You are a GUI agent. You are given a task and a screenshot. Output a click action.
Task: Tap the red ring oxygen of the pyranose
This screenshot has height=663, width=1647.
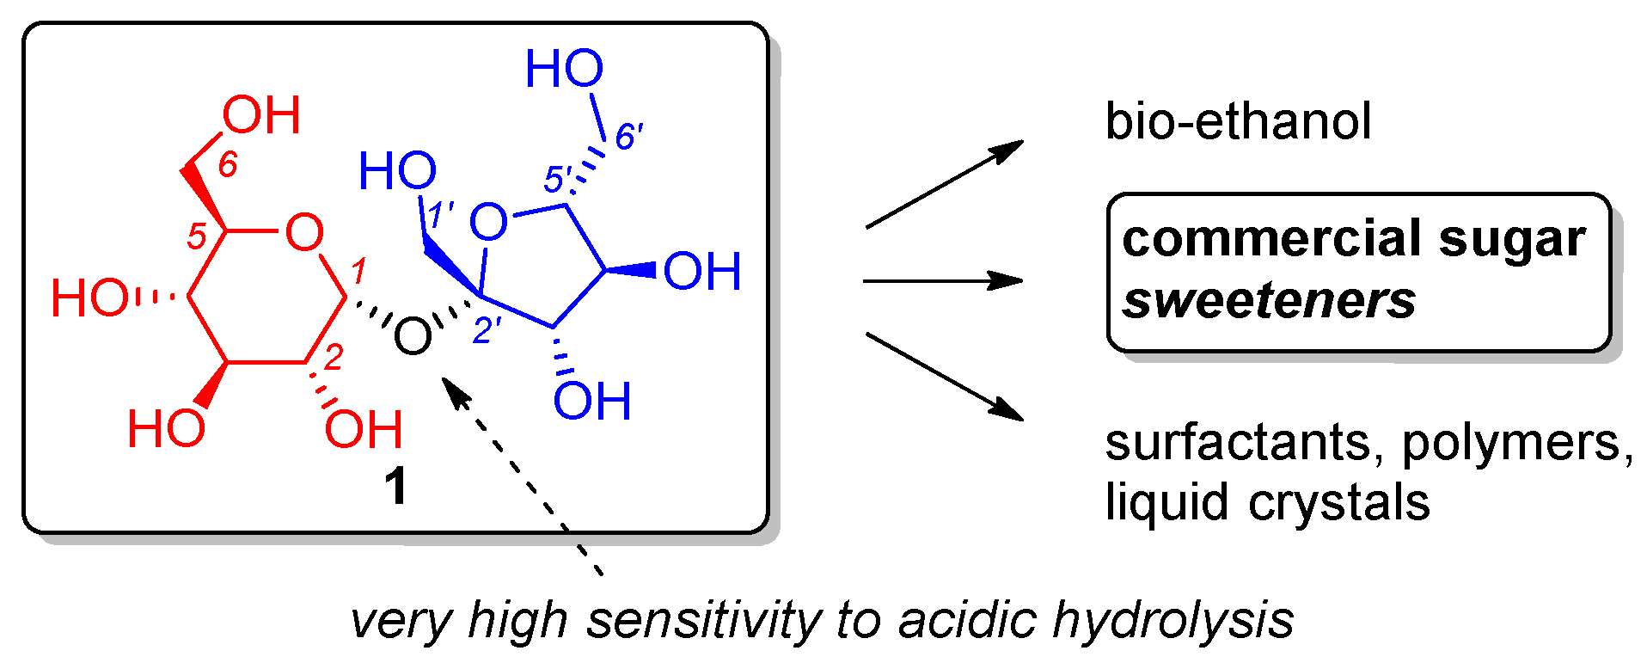coord(304,232)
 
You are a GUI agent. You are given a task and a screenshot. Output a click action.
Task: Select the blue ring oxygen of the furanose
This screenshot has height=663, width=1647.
coord(489,222)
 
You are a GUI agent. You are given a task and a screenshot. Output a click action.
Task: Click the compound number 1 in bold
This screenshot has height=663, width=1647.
coord(395,487)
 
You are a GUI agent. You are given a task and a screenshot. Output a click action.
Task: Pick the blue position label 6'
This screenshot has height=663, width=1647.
coord(628,136)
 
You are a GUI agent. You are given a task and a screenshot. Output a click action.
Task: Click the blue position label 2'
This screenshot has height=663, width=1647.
coord(487,330)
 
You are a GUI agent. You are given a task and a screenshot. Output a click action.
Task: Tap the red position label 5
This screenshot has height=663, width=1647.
coord(197,236)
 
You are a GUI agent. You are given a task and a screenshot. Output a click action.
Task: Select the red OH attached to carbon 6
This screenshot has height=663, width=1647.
coord(261,115)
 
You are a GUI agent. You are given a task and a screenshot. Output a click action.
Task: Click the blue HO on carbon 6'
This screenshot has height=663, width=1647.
coord(564,68)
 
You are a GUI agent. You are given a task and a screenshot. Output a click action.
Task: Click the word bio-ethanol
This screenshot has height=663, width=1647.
coord(1238,121)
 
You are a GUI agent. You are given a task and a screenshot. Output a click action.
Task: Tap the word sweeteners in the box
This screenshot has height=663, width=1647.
coord(1269,301)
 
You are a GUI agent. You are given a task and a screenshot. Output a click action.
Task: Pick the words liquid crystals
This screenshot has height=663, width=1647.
coord(1267,502)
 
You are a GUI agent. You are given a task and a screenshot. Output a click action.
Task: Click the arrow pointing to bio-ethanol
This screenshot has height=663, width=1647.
coord(944,184)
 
